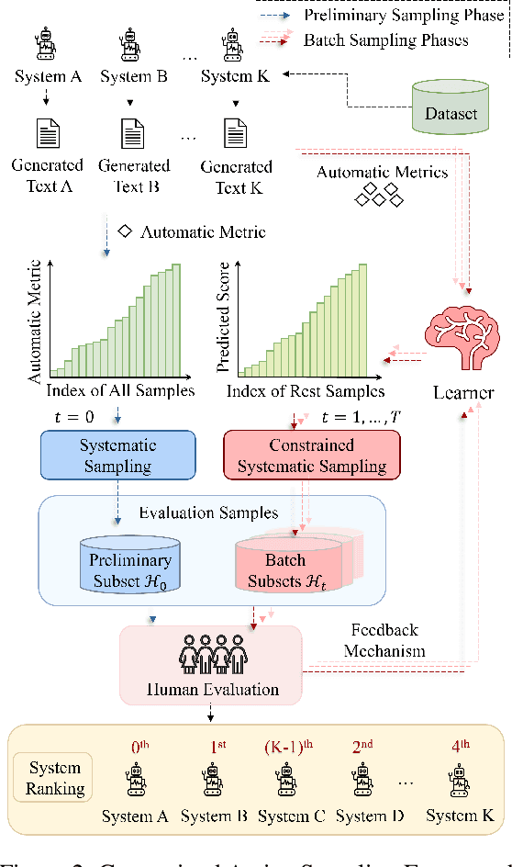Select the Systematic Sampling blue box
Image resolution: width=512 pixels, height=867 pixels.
pyautogui.click(x=117, y=456)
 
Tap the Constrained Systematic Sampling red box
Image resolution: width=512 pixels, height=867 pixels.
pyautogui.click(x=312, y=456)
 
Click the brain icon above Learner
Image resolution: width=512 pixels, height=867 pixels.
pyautogui.click(x=463, y=340)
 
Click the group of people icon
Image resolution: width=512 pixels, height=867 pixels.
pyautogui.click(x=211, y=659)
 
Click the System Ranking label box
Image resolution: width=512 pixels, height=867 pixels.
pyautogui.click(x=56, y=777)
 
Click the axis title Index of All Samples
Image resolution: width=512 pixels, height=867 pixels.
pyautogui.click(x=120, y=390)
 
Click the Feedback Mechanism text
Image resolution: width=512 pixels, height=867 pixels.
pyautogui.click(x=384, y=641)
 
